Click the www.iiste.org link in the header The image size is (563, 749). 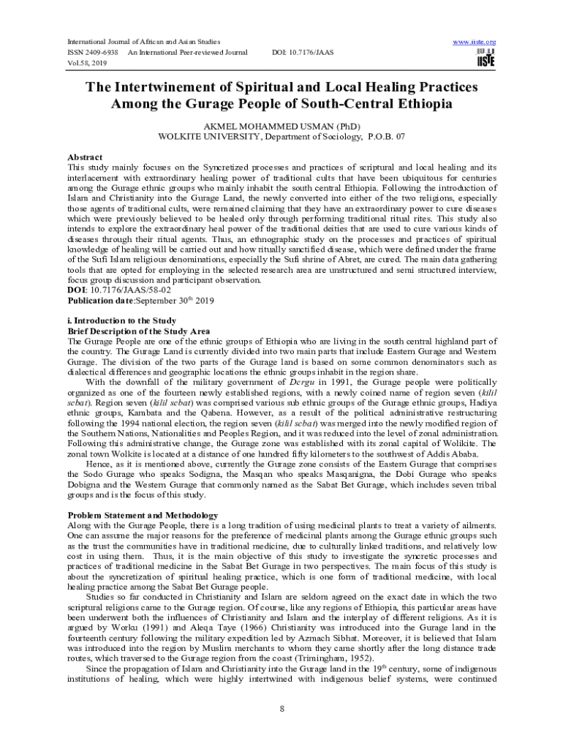pos(475,42)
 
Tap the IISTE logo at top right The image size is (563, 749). pos(485,59)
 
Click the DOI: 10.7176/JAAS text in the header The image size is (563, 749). pos(303,53)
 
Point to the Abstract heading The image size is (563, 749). pos(85,157)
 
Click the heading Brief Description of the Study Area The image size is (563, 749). pos(139,331)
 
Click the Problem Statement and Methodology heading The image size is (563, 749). pos(143,515)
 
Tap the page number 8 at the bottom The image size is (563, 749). pos(281,709)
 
